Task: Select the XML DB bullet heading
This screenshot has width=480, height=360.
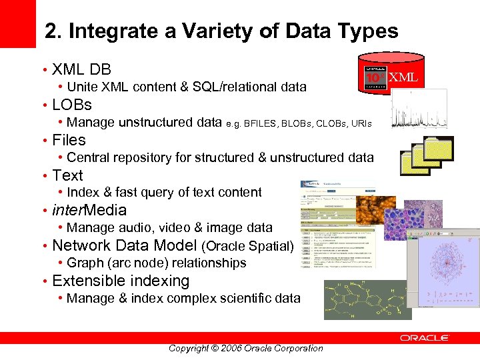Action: coord(81,69)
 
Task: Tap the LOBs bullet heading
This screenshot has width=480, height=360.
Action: coord(72,105)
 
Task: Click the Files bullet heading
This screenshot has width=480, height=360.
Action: coord(69,140)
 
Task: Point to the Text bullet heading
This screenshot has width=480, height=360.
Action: coord(67,175)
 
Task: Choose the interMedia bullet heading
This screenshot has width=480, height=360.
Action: coord(89,211)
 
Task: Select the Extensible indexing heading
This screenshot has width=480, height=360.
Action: coord(121,281)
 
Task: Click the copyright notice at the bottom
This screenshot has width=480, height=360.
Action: coord(245,348)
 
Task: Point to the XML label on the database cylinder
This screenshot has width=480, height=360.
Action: coord(403,77)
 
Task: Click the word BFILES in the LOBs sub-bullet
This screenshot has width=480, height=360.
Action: coord(262,123)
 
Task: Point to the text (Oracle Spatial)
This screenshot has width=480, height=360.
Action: coord(247,246)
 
